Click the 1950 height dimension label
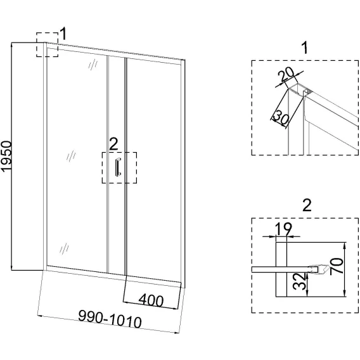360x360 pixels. point(6,156)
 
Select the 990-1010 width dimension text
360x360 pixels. point(110,319)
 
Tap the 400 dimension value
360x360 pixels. point(151,300)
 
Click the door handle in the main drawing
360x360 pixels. point(118,167)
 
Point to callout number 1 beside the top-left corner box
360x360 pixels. point(63,34)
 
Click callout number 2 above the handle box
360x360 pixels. point(113,145)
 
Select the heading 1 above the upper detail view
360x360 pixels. point(305,48)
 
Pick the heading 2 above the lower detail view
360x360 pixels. point(307,205)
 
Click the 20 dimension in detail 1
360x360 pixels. point(286,74)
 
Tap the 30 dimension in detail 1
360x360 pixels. point(281,118)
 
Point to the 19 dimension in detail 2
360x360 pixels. point(283,229)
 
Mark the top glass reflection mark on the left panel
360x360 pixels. point(93,64)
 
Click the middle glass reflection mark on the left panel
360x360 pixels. point(71,156)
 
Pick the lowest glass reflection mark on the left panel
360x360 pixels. point(64,248)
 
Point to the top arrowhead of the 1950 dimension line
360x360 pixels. point(11,46)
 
